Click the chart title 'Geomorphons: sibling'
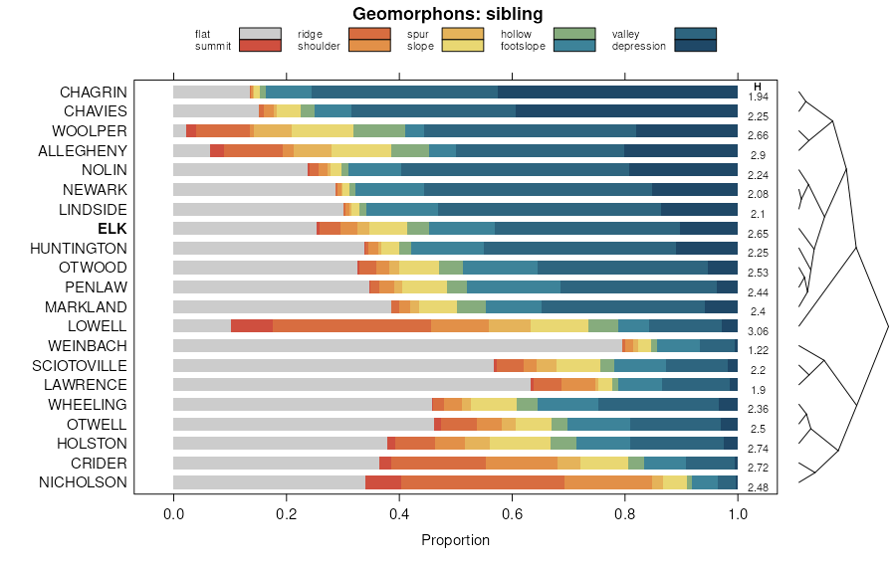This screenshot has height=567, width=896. [x=448, y=14]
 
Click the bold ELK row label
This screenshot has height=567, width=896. [x=112, y=228]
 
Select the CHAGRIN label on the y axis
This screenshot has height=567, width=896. [x=93, y=92]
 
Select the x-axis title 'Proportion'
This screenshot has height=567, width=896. [x=455, y=540]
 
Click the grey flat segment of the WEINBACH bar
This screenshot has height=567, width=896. [x=397, y=345]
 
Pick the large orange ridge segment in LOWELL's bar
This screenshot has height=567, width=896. [x=351, y=325]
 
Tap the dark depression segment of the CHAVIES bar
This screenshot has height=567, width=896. [x=626, y=110]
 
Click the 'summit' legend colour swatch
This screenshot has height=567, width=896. [x=261, y=45]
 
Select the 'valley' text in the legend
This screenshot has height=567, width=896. [x=625, y=34]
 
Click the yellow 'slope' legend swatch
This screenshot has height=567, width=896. [x=463, y=45]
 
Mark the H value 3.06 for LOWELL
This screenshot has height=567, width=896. [x=758, y=331]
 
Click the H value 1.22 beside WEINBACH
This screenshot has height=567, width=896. [x=758, y=350]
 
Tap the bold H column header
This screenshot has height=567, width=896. [x=758, y=86]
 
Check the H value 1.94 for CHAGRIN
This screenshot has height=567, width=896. [x=758, y=96]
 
